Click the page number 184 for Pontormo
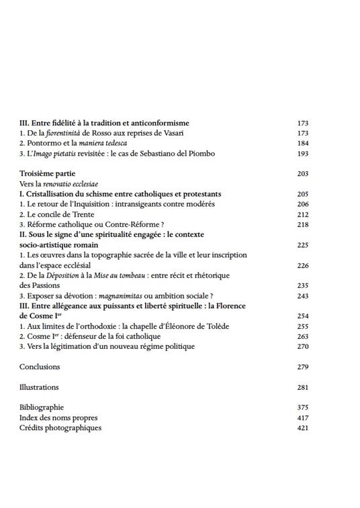pyautogui.click(x=302, y=144)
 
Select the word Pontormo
pyautogui.click(x=43, y=144)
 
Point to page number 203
pyautogui.click(x=302, y=174)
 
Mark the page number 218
pyautogui.click(x=302, y=224)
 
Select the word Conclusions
pyautogui.click(x=40, y=367)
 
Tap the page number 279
pyautogui.click(x=302, y=367)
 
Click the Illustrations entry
pyautogui.click(x=39, y=387)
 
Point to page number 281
pyautogui.click(x=302, y=387)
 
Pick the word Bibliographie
pyautogui.click(x=42, y=407)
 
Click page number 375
pyautogui.click(x=302, y=407)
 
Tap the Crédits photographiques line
pyautogui.click(x=60, y=427)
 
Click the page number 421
pyautogui.click(x=302, y=427)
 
